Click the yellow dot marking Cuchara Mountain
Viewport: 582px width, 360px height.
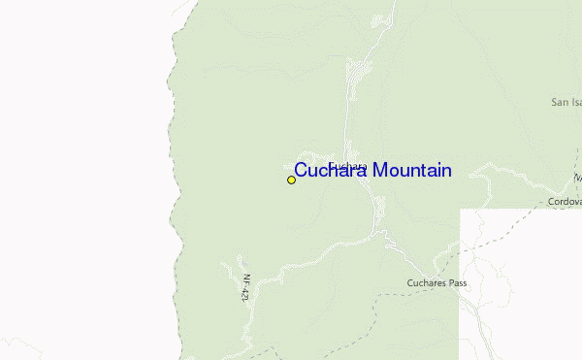pyautogui.click(x=291, y=180)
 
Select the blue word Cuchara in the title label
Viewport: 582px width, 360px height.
pyautogui.click(x=332, y=171)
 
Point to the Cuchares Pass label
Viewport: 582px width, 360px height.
pyautogui.click(x=436, y=283)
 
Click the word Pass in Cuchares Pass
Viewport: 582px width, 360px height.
pyautogui.click(x=458, y=283)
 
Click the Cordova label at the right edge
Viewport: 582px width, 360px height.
pyautogui.click(x=564, y=201)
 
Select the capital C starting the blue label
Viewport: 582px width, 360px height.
pyautogui.click(x=301, y=171)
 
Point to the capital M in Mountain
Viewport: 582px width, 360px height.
pyautogui.click(x=382, y=171)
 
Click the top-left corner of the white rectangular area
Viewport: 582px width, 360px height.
pyautogui.click(x=460, y=210)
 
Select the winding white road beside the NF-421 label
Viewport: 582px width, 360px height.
pyautogui.click(x=233, y=267)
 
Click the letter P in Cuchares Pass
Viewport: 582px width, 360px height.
pyautogui.click(x=450, y=283)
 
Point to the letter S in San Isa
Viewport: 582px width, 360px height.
pyautogui.click(x=554, y=101)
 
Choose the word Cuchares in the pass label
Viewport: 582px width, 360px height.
pyautogui.click(x=425, y=283)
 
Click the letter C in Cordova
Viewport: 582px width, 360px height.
pyautogui.click(x=550, y=201)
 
